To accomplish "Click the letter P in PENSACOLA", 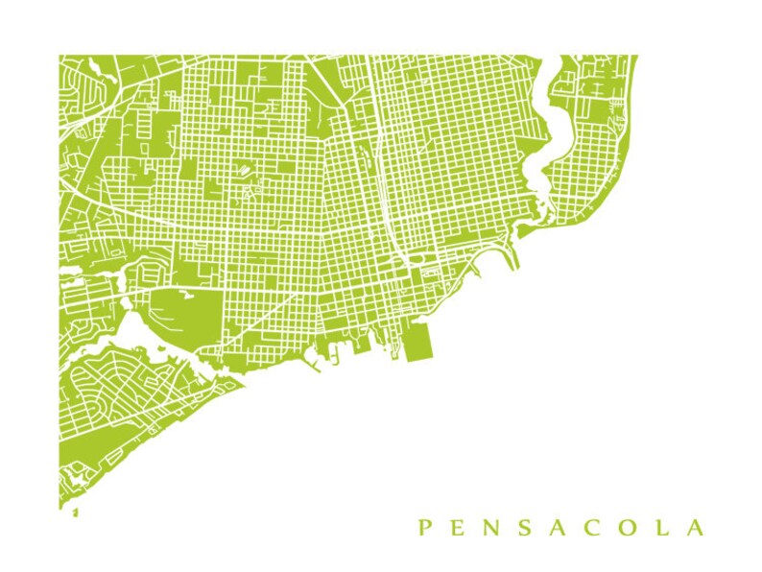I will click(x=423, y=527).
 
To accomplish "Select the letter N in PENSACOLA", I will click(x=493, y=527).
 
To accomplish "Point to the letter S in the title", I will click(x=529, y=527).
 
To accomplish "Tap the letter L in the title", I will click(x=665, y=527).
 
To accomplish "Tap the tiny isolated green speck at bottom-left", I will click(x=75, y=513).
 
